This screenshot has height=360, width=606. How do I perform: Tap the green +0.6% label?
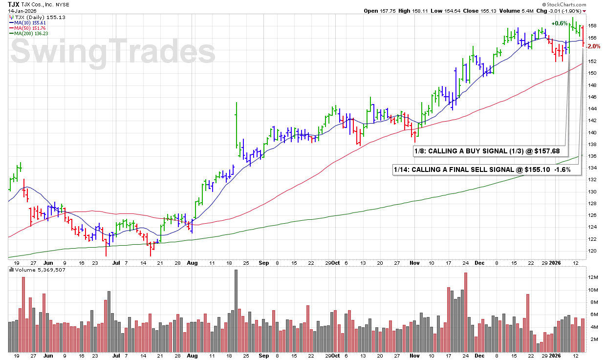tap(559, 23)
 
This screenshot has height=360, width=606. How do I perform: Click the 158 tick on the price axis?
tap(592, 26)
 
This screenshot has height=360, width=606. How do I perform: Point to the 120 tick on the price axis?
tap(592, 251)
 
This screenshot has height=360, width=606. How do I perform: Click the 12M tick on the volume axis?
tap(592, 277)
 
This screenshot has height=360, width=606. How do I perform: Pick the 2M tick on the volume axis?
tap(591, 339)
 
